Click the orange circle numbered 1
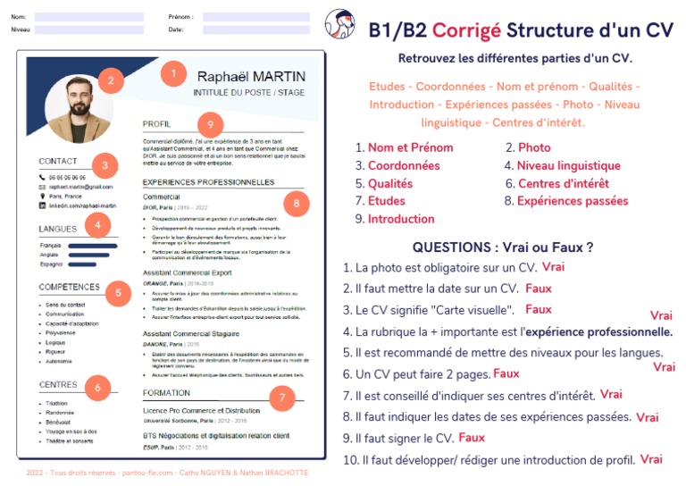pyautogui.click(x=173, y=73)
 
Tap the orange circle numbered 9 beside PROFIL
pyautogui.click(x=210, y=124)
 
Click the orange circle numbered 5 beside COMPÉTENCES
pyautogui.click(x=118, y=292)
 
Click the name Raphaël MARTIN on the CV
pyautogui.click(x=251, y=76)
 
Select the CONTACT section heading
pyautogui.click(x=58, y=162)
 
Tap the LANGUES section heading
pyautogui.click(x=58, y=229)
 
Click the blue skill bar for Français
pyautogui.click(x=92, y=244)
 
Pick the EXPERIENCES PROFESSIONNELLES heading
pyautogui.click(x=208, y=182)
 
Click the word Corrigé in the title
pyautogui.click(x=466, y=29)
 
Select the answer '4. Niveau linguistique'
pyautogui.click(x=562, y=165)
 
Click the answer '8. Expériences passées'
pyautogui.click(x=566, y=201)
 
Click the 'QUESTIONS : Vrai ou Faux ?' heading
pyautogui.click(x=503, y=247)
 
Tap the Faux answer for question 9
pyautogui.click(x=472, y=438)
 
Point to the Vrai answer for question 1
pyautogui.click(x=553, y=266)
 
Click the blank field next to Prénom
pyautogui.click(x=255, y=17)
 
